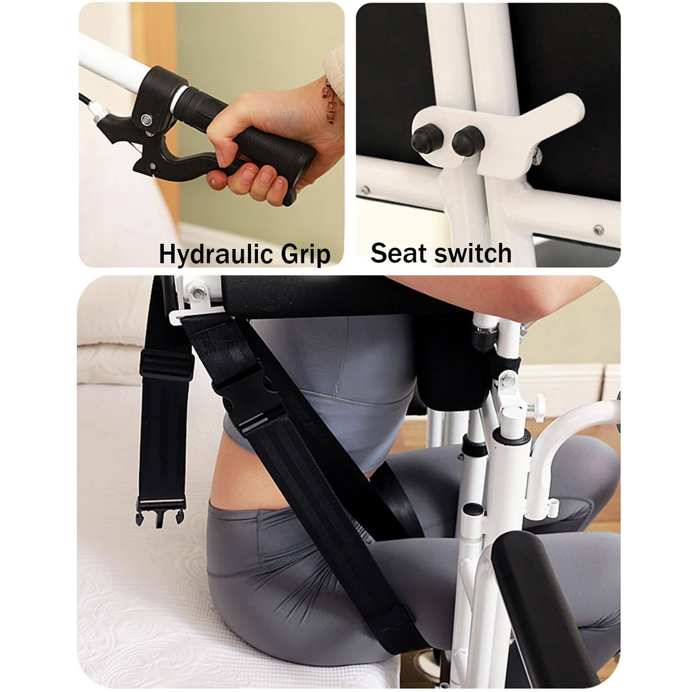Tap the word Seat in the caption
coord(396,253)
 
